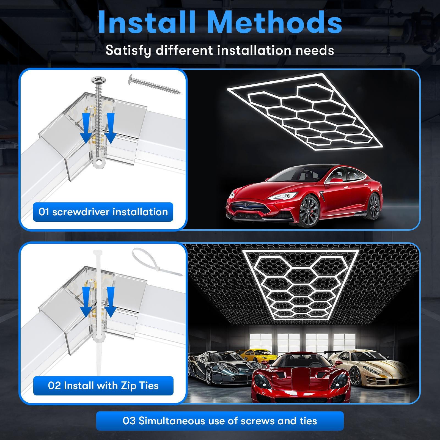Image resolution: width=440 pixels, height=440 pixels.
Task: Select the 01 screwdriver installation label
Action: click(103, 212)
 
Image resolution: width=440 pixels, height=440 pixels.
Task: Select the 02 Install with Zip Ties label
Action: click(103, 386)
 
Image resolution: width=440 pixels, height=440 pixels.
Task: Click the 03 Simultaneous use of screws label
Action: click(220, 421)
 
